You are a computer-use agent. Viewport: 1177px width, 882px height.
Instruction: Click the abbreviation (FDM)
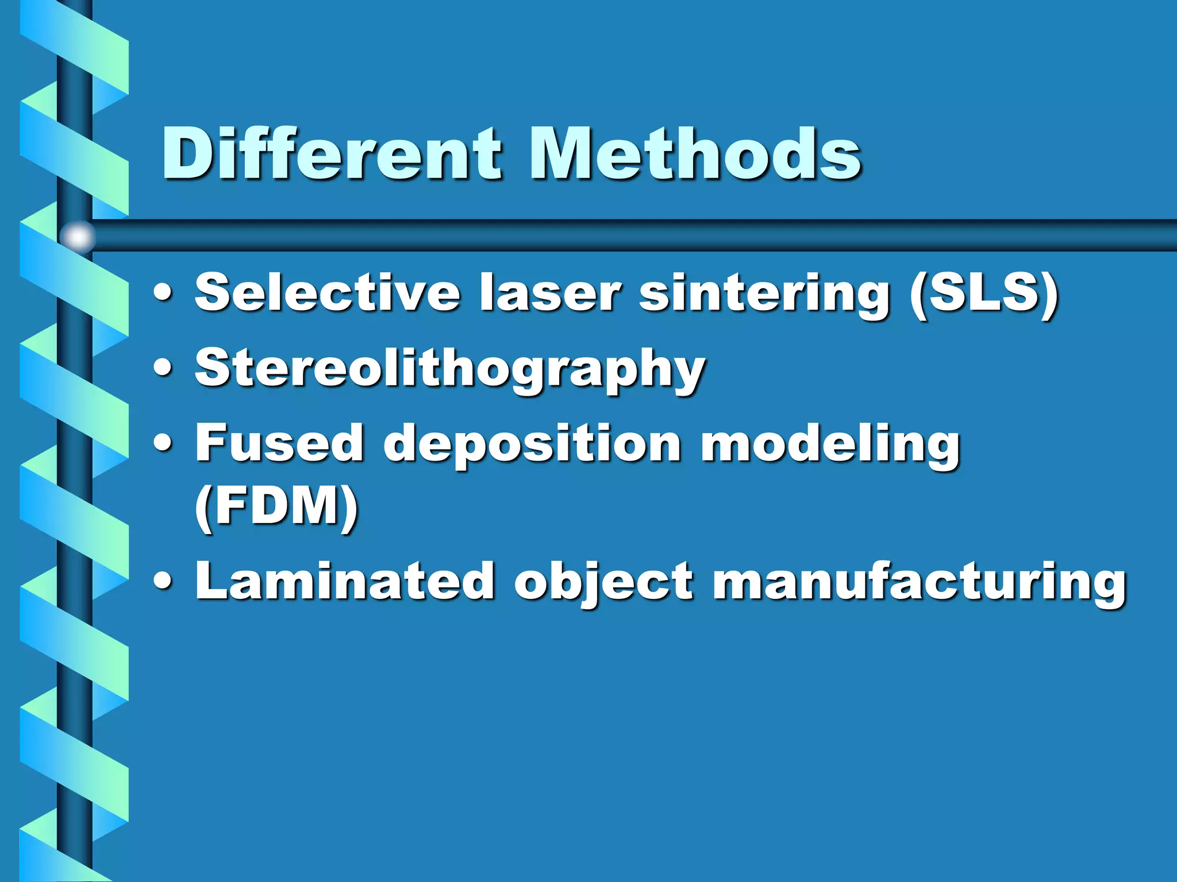pos(276,506)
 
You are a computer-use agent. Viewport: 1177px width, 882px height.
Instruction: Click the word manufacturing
pos(919,583)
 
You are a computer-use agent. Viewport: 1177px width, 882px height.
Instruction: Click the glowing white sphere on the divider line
pos(78,236)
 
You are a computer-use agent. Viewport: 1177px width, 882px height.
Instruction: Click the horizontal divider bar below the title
pos(632,235)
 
